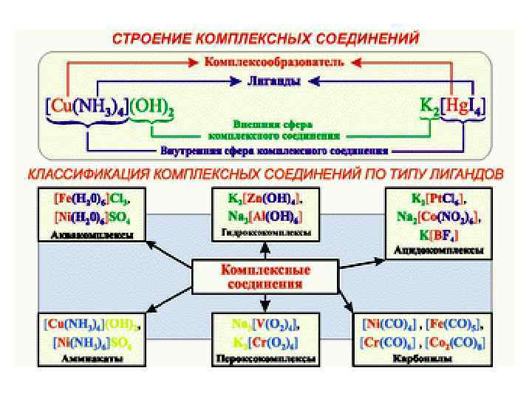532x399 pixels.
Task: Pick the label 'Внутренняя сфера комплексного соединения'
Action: click(273, 149)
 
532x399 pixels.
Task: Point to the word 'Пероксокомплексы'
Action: click(266, 359)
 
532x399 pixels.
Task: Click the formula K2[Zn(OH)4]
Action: click(267, 198)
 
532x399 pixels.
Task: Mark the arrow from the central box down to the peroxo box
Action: click(265, 301)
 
